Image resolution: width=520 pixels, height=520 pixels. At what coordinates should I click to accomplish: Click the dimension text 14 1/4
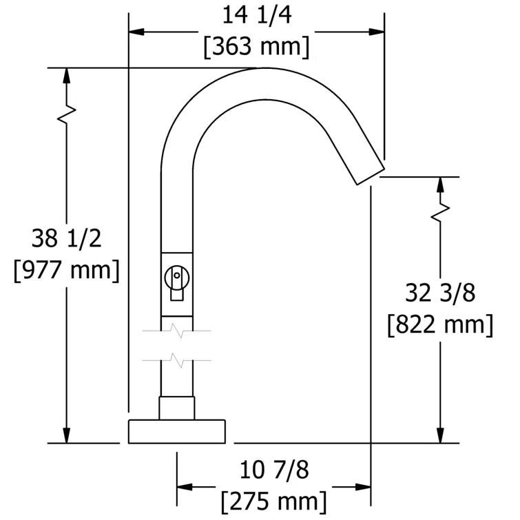256,15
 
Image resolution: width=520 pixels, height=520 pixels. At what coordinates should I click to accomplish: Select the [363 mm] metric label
256,48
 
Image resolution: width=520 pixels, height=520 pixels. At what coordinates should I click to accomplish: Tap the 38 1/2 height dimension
66,238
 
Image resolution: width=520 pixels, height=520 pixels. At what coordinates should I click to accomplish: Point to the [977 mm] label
66,270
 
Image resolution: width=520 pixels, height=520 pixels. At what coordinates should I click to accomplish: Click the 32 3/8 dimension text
440,293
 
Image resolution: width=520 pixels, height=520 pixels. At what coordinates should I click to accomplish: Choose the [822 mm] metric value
440,324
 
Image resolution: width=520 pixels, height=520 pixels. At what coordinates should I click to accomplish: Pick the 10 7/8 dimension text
274,470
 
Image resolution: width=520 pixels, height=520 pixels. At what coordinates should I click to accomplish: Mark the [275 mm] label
274,501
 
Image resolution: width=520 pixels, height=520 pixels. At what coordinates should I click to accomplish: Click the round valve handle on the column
176,277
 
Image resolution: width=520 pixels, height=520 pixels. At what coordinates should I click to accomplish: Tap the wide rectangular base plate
177,430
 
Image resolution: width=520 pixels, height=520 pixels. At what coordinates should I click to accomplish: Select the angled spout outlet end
368,172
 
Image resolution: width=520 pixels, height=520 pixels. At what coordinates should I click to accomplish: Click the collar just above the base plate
177,407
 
